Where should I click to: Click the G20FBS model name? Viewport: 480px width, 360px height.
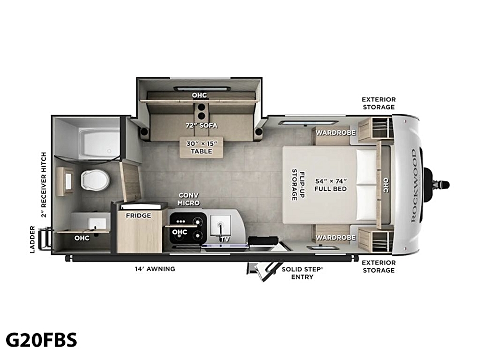[41, 340]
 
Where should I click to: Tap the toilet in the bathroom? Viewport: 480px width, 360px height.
[95, 180]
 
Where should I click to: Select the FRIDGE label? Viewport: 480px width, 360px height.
[138, 216]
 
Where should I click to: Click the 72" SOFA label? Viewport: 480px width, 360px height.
[202, 125]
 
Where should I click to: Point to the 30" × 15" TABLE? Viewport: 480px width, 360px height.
[202, 147]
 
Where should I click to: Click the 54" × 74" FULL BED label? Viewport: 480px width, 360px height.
[331, 185]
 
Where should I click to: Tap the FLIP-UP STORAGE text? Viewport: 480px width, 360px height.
[298, 185]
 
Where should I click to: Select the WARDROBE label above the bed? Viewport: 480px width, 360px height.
[336, 132]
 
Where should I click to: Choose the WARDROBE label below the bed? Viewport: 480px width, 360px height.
[336, 237]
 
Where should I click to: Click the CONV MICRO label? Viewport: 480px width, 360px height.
[189, 199]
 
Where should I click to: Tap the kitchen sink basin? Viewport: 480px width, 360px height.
[220, 225]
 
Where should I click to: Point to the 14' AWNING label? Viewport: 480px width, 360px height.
[155, 269]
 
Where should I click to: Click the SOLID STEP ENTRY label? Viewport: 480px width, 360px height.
[302, 273]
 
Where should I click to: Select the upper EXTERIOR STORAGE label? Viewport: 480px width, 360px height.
[379, 103]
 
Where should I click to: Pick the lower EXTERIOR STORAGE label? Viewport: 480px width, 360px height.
[379, 266]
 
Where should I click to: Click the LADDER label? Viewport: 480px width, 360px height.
[33, 240]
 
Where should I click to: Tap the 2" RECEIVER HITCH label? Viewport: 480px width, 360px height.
[44, 185]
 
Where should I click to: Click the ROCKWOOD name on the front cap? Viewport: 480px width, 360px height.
[414, 185]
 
